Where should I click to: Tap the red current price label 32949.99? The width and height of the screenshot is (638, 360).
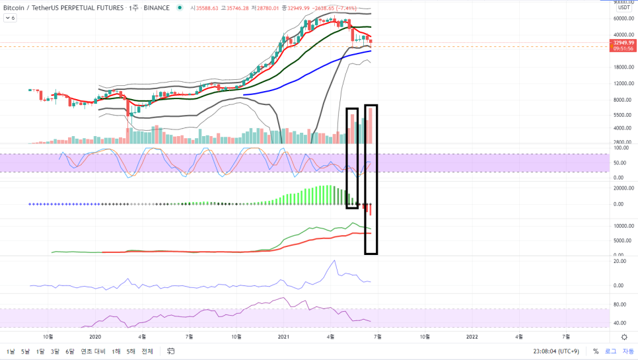click(623, 42)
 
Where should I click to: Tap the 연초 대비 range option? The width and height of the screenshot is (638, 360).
click(93, 351)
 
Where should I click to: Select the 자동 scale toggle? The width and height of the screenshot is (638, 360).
click(627, 351)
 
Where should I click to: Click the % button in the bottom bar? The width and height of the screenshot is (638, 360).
click(596, 351)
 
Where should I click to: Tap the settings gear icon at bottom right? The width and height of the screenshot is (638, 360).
click(624, 337)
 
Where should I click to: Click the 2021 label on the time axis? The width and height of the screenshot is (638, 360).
click(283, 337)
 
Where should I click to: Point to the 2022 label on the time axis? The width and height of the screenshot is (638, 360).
click(472, 337)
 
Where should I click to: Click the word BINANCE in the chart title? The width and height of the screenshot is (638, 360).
click(157, 8)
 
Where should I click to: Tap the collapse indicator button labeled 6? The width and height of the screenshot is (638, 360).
click(11, 18)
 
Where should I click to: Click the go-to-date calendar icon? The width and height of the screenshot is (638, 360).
click(170, 351)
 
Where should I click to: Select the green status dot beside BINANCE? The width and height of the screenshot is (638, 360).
click(180, 8)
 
